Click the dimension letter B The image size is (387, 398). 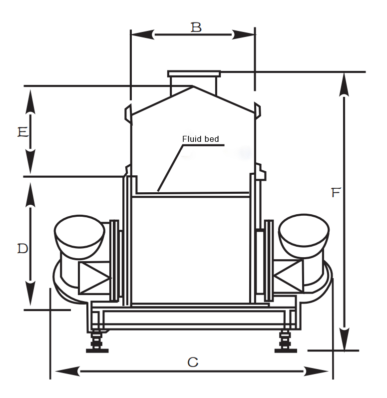point(196,27)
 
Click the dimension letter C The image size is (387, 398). point(193,362)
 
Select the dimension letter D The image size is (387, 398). point(22,249)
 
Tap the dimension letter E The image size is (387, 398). point(23,132)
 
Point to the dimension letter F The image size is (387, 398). point(336,193)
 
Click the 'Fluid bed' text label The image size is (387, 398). point(200,139)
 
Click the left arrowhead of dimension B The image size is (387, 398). point(143,34)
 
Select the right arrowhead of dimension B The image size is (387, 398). point(243,34)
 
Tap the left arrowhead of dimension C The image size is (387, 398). point(67,372)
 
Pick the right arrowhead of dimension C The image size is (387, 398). point(316,372)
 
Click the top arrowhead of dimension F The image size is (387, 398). point(344,85)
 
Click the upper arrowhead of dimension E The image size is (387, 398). point(30,101)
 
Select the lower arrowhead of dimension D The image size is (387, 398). point(30,293)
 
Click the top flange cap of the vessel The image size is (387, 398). point(194,74)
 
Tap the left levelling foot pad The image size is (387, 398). point(97,351)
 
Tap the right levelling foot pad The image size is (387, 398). point(286,351)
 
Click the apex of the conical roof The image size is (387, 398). point(193,86)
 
